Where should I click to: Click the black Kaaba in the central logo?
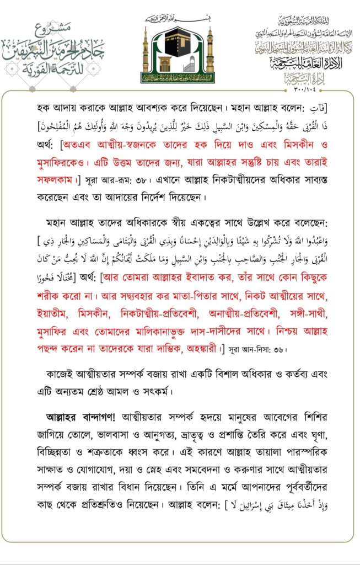pos(179,51)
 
